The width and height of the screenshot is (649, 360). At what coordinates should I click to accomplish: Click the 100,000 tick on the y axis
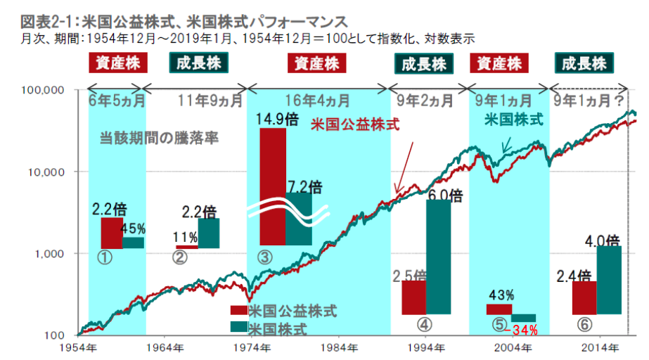[44, 90]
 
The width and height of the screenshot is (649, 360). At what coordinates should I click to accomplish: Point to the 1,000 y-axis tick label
[50, 253]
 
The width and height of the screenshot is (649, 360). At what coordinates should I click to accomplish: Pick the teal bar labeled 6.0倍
[438, 257]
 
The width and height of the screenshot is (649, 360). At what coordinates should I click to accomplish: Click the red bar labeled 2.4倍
[584, 297]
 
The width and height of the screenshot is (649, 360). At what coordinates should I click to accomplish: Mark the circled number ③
[265, 257]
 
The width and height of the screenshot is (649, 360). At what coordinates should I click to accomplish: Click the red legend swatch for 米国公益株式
[238, 310]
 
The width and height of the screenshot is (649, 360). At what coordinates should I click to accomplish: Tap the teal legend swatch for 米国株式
[238, 327]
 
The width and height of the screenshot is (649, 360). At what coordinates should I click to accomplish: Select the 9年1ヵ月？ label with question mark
[589, 99]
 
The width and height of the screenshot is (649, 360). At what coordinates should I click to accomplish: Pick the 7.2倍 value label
[304, 187]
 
